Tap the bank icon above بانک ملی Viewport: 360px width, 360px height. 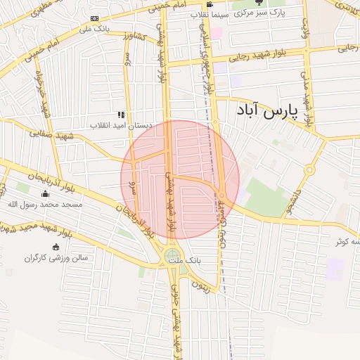coord(95,18)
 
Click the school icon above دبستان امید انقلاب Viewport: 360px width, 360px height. coord(121,115)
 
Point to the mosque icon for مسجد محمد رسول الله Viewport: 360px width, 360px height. coord(46,194)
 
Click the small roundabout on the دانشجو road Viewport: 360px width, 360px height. coord(309,169)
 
